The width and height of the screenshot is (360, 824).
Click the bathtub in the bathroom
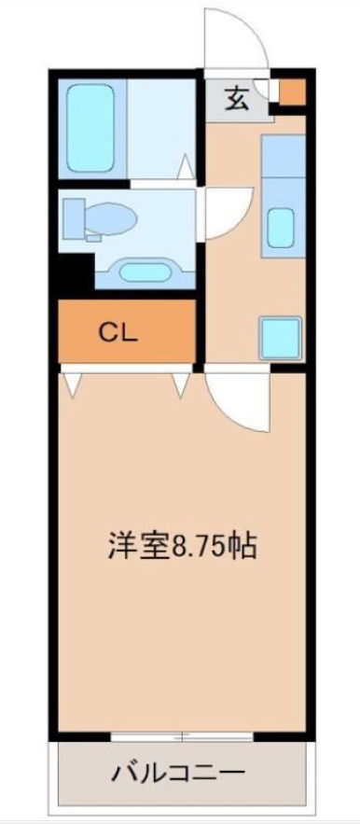(90, 128)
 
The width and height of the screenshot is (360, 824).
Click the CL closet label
(118, 332)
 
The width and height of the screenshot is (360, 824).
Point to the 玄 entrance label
(238, 99)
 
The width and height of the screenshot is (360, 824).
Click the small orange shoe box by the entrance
(292, 92)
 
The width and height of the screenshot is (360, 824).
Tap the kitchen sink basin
(281, 228)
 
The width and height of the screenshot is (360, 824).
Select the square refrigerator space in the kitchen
(280, 338)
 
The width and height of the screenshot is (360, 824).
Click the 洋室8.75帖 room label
(182, 547)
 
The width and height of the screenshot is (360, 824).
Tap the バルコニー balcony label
(179, 773)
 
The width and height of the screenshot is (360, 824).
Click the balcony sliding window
(183, 737)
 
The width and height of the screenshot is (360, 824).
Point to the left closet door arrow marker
(73, 384)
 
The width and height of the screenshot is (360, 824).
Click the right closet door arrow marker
(180, 384)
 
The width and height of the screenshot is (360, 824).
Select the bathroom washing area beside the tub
(160, 128)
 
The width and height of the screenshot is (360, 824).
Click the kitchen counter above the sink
(284, 156)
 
